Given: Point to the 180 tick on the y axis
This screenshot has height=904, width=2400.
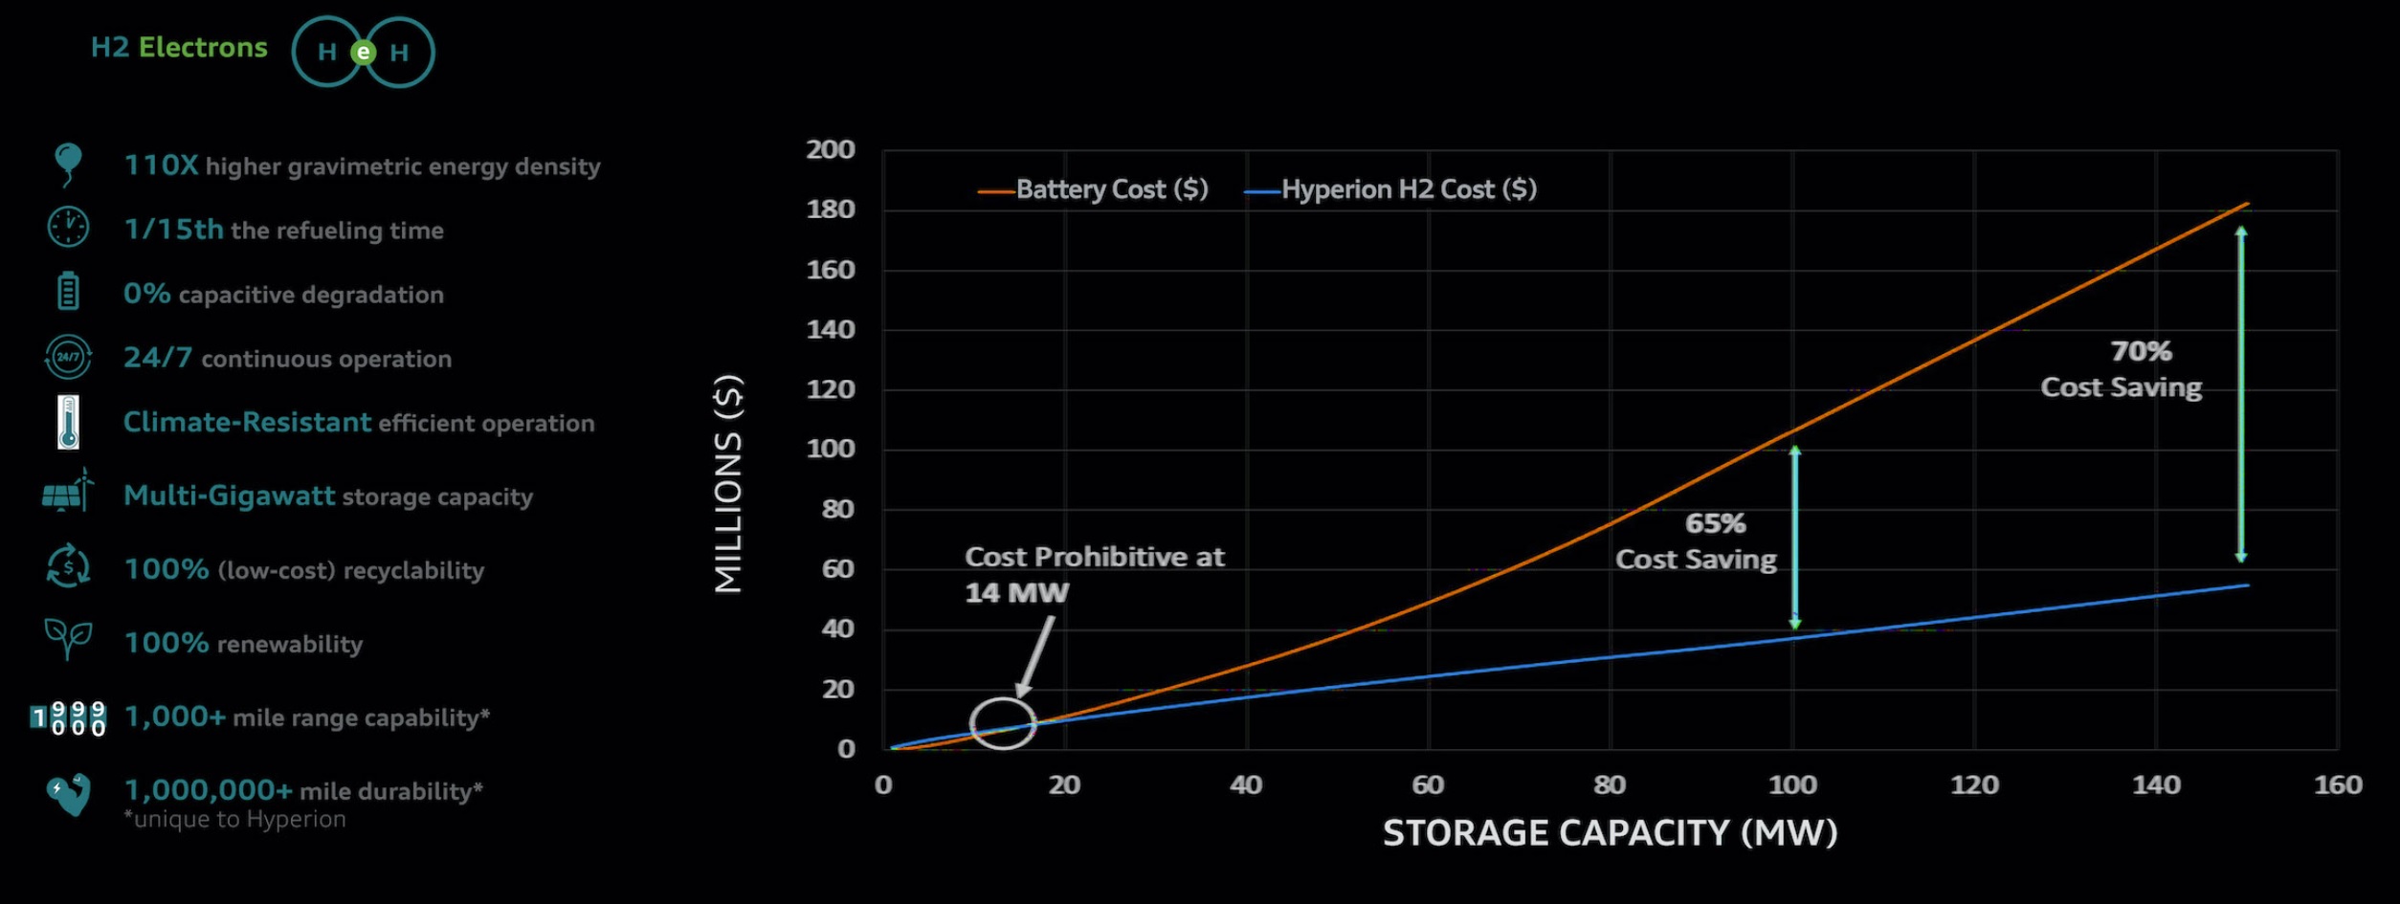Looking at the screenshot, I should point(830,209).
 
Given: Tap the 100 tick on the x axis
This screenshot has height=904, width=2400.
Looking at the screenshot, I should point(1792,785).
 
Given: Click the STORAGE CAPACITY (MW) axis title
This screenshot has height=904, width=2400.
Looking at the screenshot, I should point(1610,833).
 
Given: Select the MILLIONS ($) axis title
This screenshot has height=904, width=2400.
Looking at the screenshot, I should point(729,484).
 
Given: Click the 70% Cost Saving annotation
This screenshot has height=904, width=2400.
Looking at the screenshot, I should point(2122,369).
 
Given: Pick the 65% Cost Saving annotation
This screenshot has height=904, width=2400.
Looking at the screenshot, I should point(1697,541).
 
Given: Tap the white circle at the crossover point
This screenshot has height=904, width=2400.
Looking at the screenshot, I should point(1003,723).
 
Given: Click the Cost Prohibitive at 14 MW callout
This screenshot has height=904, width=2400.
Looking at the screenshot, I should point(1094,574).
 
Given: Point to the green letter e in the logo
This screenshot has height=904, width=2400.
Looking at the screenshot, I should point(363,53).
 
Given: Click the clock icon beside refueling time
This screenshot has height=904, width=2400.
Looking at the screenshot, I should point(68,228).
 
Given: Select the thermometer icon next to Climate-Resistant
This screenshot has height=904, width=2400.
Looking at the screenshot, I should point(68,422).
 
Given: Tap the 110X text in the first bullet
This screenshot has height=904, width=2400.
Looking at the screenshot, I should point(161,165).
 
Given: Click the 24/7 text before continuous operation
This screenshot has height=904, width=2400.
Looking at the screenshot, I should point(158,358).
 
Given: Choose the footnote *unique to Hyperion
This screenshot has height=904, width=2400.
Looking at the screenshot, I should point(235,820).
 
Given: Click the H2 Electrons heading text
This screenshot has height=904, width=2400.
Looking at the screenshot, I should point(179,48).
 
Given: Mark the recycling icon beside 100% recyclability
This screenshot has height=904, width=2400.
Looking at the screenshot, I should point(68,566).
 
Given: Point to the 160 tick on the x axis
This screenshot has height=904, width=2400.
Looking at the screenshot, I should point(2338,785).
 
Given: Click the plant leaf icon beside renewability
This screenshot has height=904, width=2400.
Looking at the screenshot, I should point(68,639).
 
